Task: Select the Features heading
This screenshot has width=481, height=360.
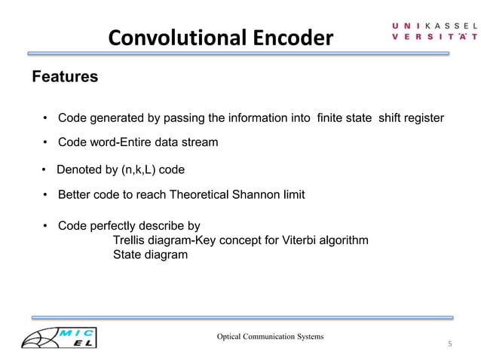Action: tap(64, 77)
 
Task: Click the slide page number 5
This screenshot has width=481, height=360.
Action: tap(449, 344)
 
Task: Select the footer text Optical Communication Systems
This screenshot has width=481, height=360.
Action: tap(271, 336)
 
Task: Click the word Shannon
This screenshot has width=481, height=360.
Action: tap(255, 195)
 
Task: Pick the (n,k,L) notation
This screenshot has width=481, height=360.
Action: tap(139, 169)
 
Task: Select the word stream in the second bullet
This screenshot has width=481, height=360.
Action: tap(201, 142)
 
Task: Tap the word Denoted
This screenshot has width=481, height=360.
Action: tap(79, 169)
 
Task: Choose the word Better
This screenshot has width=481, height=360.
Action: tap(75, 195)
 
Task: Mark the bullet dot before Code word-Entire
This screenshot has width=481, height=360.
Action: tap(45, 142)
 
